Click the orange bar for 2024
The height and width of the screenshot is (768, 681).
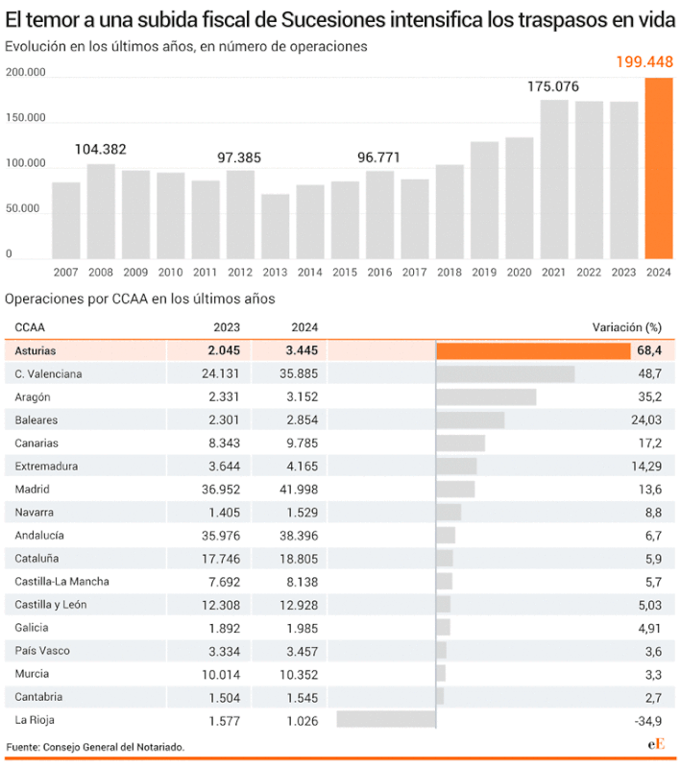[658, 168]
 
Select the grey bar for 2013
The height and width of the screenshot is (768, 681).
[275, 227]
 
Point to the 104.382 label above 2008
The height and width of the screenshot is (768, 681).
[101, 150]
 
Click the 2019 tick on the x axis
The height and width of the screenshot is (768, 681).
[484, 273]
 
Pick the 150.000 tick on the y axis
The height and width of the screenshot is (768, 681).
[26, 118]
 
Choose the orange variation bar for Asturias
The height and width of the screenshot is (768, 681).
[533, 351]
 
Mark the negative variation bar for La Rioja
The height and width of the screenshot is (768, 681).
[386, 719]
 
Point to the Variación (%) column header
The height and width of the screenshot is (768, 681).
[627, 327]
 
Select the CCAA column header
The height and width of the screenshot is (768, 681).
[30, 327]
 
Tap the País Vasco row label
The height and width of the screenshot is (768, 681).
[42, 650]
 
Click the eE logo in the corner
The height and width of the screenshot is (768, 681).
[656, 746]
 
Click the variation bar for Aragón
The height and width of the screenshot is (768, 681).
[486, 396]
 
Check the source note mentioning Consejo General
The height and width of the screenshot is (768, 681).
[95, 746]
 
